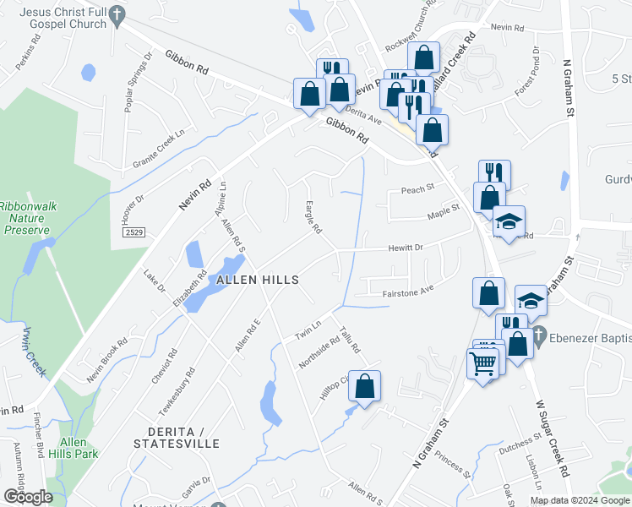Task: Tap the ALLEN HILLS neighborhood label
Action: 258,280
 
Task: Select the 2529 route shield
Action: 133,232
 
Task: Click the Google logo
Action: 28,497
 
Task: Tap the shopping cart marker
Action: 482,364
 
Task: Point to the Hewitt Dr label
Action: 405,247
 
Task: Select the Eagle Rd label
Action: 313,217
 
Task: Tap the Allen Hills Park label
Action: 78,448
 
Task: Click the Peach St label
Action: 417,188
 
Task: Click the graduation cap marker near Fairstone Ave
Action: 530,302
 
